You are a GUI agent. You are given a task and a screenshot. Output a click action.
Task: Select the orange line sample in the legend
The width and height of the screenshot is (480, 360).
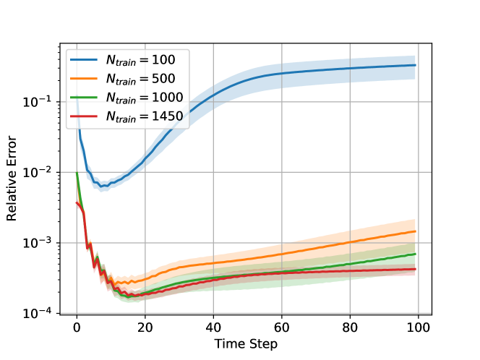(x=85, y=79)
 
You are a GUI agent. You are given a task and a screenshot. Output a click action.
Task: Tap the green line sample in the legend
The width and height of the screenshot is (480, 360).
(x=85, y=98)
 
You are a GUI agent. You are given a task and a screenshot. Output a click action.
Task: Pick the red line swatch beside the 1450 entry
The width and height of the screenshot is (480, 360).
(x=85, y=116)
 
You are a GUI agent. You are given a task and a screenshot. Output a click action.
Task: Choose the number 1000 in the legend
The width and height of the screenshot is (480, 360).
(x=169, y=98)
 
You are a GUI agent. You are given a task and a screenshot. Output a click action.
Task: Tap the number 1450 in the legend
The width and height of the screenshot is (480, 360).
(x=169, y=116)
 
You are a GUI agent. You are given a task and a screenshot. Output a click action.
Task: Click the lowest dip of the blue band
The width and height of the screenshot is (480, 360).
(x=104, y=186)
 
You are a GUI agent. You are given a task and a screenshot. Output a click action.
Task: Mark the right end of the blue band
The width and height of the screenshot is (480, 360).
(x=415, y=67)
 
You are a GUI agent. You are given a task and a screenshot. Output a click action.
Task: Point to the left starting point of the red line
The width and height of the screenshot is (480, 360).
(x=77, y=203)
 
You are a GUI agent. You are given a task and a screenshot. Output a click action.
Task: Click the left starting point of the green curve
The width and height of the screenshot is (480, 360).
(x=77, y=172)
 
